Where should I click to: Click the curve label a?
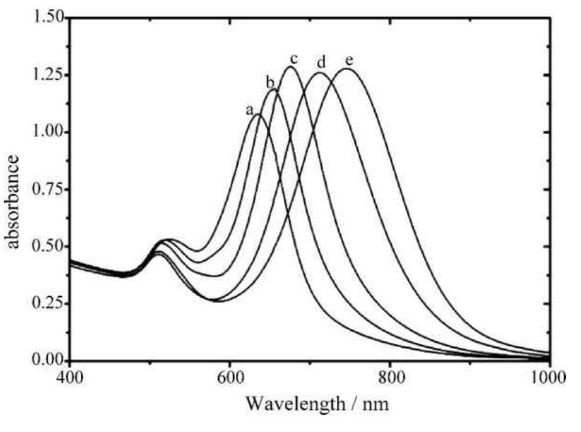point(250,109)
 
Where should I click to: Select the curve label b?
point(270,82)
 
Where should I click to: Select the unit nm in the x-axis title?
point(377,404)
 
